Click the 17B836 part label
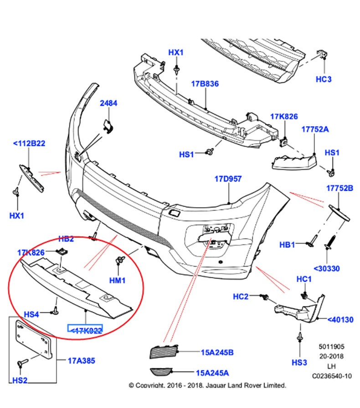click(205, 84)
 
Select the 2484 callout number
click(109, 103)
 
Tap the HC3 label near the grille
click(324, 79)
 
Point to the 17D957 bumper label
click(228, 179)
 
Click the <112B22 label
click(29, 143)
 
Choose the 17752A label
click(314, 129)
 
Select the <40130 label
click(340, 320)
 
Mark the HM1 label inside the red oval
click(118, 280)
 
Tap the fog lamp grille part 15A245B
click(162, 352)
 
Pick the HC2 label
click(241, 296)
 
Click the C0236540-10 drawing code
click(332, 377)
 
